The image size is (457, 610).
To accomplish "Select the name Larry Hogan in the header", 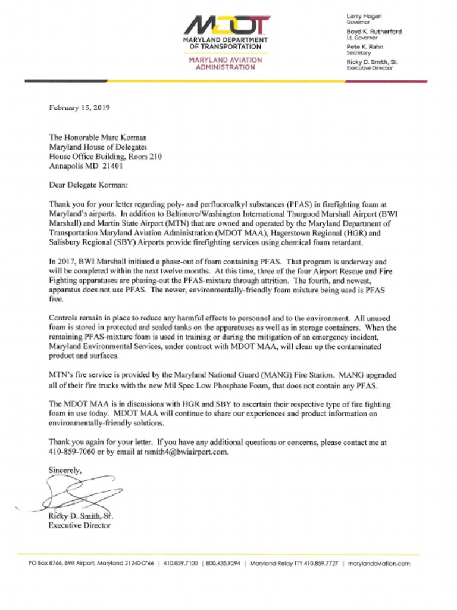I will (364, 16).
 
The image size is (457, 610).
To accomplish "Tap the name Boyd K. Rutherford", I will (374, 32).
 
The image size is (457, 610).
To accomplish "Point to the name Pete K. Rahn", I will (365, 46).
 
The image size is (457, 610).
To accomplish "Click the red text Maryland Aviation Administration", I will (226, 64).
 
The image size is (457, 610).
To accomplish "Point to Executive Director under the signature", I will (79, 525).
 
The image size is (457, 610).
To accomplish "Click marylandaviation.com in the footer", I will (379, 563).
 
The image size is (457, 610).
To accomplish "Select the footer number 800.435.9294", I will (223, 563).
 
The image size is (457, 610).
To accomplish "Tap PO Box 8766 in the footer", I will (45, 563).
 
